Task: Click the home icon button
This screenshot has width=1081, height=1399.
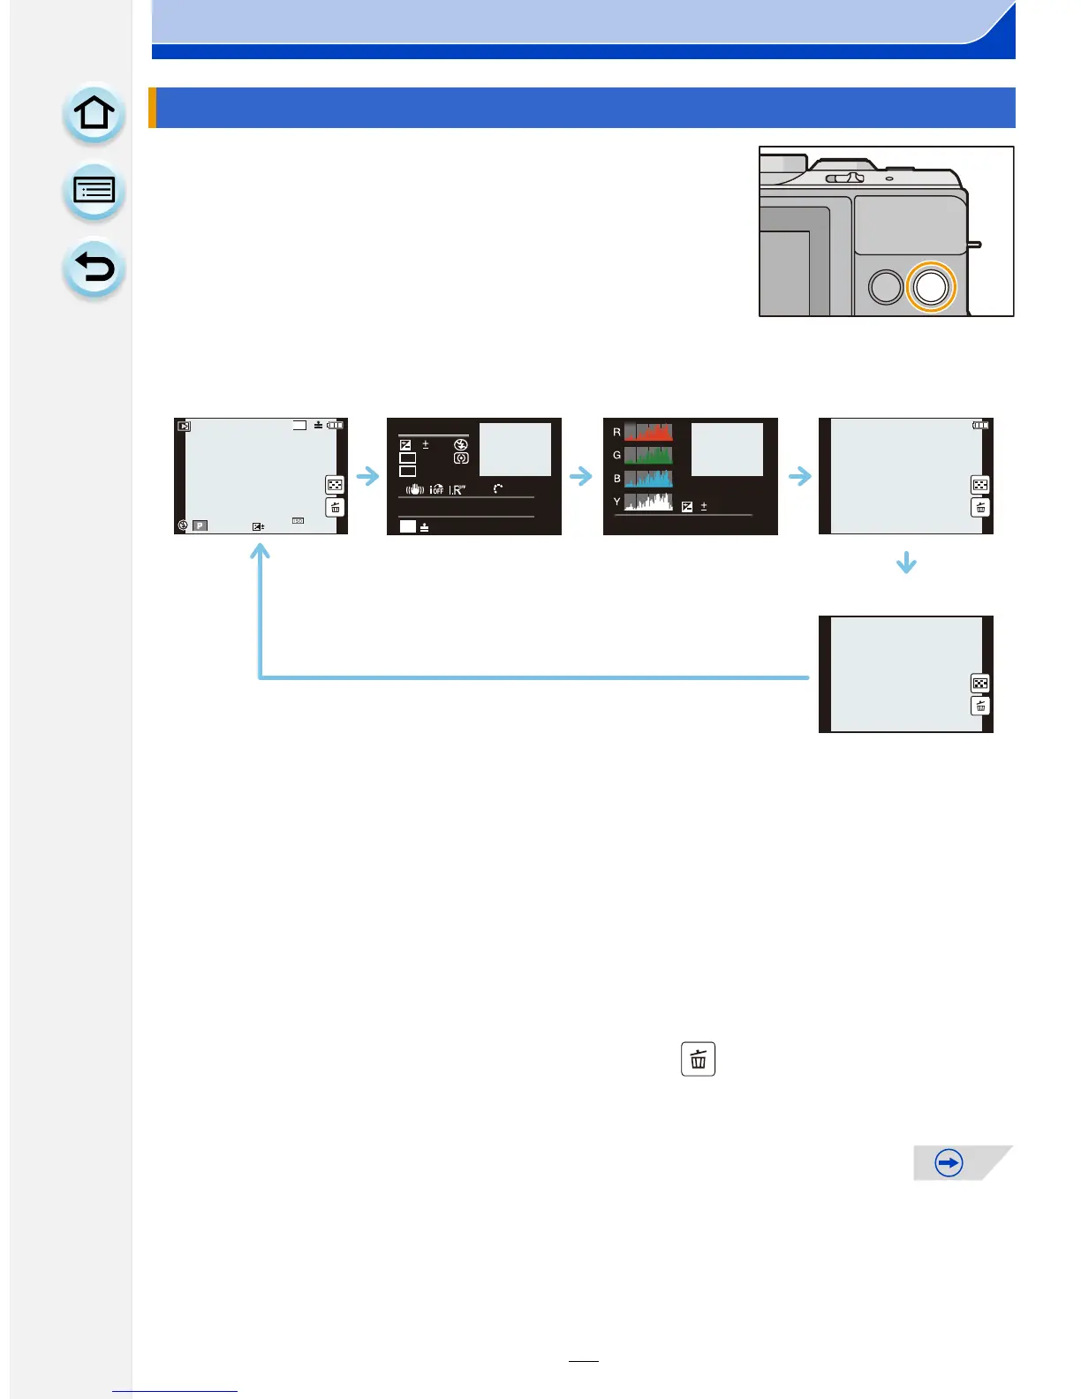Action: point(94,114)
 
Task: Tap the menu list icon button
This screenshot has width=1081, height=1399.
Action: point(94,191)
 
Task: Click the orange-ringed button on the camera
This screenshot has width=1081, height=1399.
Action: point(931,286)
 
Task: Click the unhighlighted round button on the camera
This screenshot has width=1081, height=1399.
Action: point(885,287)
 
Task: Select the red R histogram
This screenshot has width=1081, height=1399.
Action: point(648,432)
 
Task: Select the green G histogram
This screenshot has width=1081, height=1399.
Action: point(648,455)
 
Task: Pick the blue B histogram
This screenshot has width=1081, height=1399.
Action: point(648,479)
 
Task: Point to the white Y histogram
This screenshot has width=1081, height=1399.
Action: point(648,502)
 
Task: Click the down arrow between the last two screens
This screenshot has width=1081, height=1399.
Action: point(906,563)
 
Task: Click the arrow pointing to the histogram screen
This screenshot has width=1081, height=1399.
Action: point(581,477)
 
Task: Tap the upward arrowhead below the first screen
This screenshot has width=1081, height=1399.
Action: point(260,552)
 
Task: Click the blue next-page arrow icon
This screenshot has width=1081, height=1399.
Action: point(949,1163)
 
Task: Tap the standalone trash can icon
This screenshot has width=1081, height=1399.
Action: point(698,1059)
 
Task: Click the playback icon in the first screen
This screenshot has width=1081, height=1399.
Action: point(184,426)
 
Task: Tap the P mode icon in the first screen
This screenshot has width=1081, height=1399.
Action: point(200,526)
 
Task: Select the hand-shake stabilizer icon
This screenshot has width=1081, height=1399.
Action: point(414,489)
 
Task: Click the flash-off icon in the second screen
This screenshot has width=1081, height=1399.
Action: point(460,445)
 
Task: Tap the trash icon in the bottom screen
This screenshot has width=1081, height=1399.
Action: point(980,706)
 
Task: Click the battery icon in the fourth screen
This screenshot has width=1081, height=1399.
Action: point(980,426)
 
